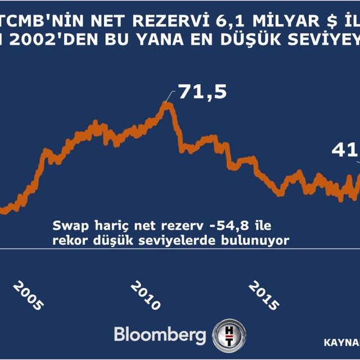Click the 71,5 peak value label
(203, 92)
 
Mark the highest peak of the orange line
(166, 103)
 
